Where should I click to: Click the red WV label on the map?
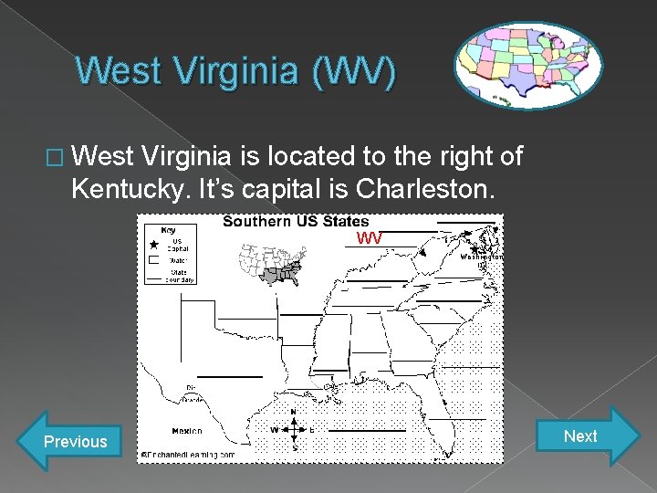click(x=369, y=238)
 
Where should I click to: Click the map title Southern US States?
click(x=296, y=221)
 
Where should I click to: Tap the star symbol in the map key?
click(x=152, y=245)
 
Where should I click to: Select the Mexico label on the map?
click(x=186, y=430)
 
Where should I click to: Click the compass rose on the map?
click(x=293, y=429)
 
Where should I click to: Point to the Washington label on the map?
click(x=480, y=257)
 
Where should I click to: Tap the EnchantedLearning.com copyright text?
click(x=188, y=454)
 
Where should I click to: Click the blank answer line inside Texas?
click(x=228, y=375)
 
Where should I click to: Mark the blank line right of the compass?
click(x=366, y=430)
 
